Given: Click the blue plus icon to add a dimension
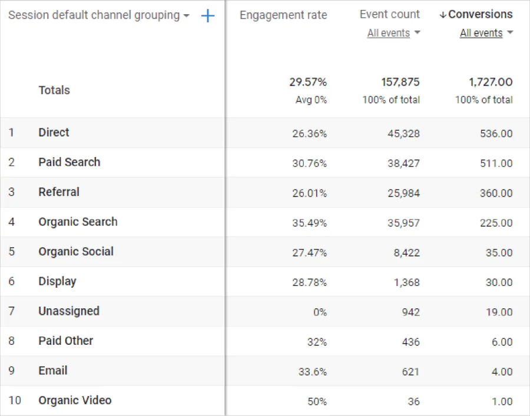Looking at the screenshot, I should [208, 16].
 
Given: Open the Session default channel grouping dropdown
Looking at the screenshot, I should [99, 16].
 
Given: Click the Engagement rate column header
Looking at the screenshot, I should [283, 15].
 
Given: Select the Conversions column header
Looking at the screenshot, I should [480, 15].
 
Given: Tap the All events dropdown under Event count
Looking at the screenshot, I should [393, 34].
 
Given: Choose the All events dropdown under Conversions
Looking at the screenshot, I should [486, 34].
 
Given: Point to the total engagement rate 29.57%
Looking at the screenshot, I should [307, 82].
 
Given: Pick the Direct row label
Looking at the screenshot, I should [54, 132].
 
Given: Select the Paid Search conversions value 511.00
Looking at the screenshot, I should [496, 164].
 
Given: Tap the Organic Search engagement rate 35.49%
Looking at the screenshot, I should [309, 223].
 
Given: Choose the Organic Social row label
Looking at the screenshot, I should [76, 252].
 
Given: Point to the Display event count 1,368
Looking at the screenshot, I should [407, 282].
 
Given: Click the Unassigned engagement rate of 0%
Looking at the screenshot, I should [320, 312].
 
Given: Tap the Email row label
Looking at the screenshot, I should [53, 371].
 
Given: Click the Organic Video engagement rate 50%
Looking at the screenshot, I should [317, 401].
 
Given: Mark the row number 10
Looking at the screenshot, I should [15, 401].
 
